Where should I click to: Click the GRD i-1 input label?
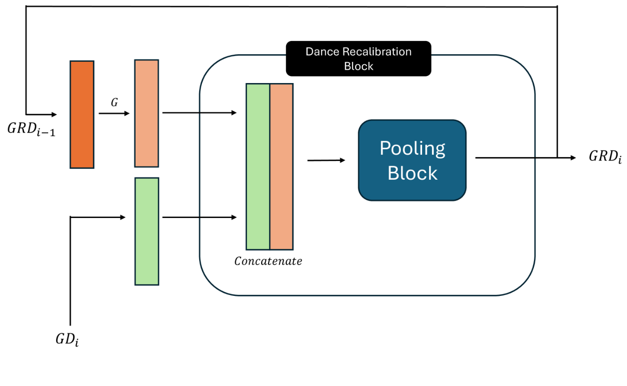click(x=31, y=128)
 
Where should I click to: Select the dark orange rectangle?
click(x=82, y=115)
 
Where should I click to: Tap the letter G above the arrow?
click(x=114, y=103)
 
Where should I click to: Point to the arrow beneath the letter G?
click(x=114, y=114)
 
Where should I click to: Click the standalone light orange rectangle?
click(x=147, y=113)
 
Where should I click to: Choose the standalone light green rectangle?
click(x=147, y=231)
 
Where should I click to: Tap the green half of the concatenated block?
click(x=258, y=167)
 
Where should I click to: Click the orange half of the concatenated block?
click(x=281, y=167)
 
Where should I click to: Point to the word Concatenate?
click(x=268, y=261)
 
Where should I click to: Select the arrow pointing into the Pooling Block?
click(x=326, y=160)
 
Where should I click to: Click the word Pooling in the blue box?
click(x=412, y=149)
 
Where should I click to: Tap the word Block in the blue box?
click(x=412, y=173)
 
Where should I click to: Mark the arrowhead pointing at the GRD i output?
click(x=573, y=158)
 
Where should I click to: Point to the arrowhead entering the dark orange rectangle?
click(x=54, y=114)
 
